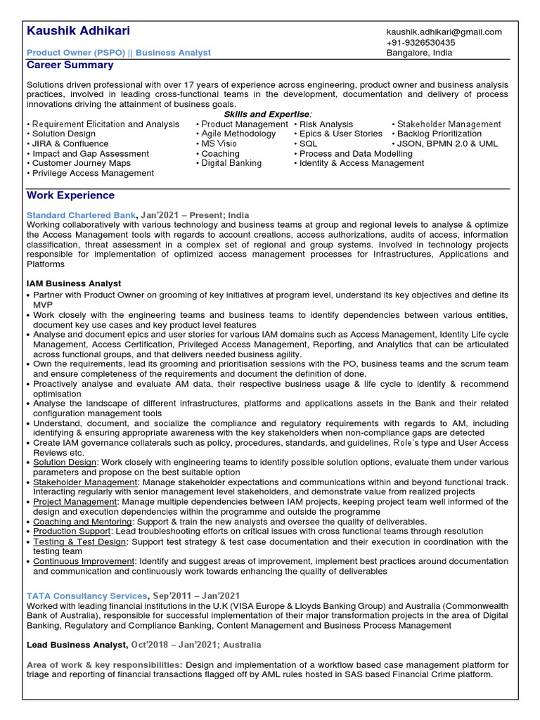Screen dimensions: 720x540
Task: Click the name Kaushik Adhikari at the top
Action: (78, 32)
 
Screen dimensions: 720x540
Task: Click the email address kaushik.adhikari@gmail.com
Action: (444, 32)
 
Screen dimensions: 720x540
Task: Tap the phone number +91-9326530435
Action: (420, 42)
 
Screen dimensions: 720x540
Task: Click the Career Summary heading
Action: (70, 65)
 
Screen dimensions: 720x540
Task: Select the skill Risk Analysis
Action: (326, 124)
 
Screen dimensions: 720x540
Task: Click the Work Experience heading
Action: (70, 195)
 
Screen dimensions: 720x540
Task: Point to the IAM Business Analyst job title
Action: (74, 283)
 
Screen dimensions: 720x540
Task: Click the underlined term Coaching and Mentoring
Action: (82, 522)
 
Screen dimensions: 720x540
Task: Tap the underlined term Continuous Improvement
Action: (84, 561)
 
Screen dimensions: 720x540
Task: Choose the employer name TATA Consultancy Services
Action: (86, 596)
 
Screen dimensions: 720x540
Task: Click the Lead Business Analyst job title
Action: (77, 645)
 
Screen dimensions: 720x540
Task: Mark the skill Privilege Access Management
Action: (93, 173)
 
